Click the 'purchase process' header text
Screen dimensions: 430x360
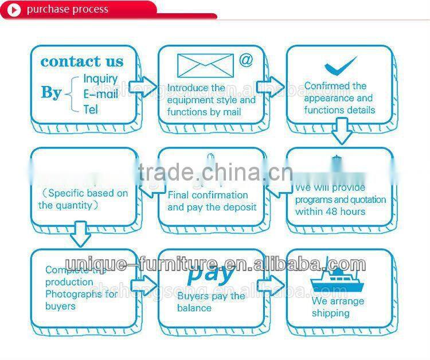[x=67, y=9]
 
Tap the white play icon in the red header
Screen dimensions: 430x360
[x=14, y=10]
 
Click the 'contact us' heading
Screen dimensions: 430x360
[x=82, y=61]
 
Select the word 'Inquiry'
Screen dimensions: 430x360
[x=100, y=79]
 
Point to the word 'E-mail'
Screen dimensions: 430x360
[x=100, y=93]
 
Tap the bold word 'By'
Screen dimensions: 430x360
[x=51, y=92]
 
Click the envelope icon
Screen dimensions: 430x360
[x=205, y=65]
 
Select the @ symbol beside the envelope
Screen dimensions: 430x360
[x=246, y=60]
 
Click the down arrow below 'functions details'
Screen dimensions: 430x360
[x=342, y=131]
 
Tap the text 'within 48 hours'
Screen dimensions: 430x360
[x=330, y=212]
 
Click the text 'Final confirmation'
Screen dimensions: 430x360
[x=208, y=195]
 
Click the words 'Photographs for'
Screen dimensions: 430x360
[x=81, y=294]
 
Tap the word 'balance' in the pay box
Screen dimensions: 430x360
[x=194, y=308]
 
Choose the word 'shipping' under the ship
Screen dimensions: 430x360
[x=331, y=313]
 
